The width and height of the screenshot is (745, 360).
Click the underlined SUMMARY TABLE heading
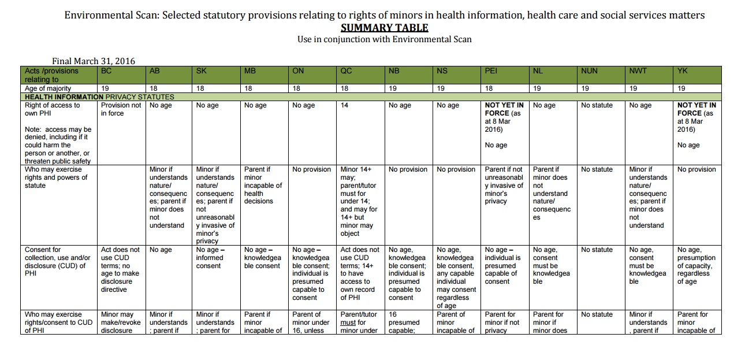[384, 28]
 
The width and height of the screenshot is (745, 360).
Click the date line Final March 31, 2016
[94, 61]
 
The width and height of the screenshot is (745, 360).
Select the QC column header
[346, 71]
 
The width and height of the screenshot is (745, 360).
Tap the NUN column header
[589, 71]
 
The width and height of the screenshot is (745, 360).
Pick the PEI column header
[491, 71]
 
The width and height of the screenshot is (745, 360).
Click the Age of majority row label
[48, 88]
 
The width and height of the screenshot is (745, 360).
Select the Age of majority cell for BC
[105, 88]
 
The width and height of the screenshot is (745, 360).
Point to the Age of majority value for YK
[681, 88]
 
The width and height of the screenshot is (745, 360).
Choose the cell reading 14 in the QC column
[344, 105]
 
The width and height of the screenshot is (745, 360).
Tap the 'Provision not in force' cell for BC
[121, 109]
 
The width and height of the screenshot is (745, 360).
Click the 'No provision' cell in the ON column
[312, 169]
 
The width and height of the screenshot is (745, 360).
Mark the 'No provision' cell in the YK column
[696, 169]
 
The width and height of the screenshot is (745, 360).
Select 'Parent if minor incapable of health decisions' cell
[263, 185]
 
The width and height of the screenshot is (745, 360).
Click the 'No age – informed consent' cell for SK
[210, 258]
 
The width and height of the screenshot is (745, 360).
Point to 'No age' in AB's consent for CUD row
[161, 250]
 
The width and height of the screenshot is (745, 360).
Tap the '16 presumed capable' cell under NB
[404, 322]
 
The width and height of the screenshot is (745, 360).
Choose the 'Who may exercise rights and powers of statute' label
[56, 177]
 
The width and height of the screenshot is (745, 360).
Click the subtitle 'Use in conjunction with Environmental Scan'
[384, 39]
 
